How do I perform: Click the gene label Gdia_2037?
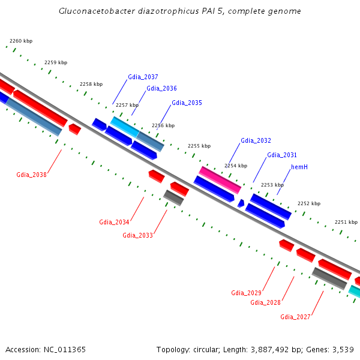coord(143,77)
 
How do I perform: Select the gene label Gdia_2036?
coord(161,88)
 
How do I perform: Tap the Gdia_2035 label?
coord(187,103)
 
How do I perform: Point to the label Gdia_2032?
coord(256,140)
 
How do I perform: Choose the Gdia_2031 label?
coord(281,155)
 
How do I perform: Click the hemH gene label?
coord(299,166)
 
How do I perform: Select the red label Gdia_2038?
coord(31,175)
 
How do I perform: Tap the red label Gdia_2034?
coord(114,222)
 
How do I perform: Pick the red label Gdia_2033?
coord(137,235)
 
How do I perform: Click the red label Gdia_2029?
coord(246,293)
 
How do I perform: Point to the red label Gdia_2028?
coord(265,302)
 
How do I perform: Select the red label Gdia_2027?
coord(295,317)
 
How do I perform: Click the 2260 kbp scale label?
coord(21,41)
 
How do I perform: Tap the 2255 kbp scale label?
coord(199,146)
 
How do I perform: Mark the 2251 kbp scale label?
coord(346,221)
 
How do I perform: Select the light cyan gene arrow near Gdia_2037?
coord(124,127)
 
